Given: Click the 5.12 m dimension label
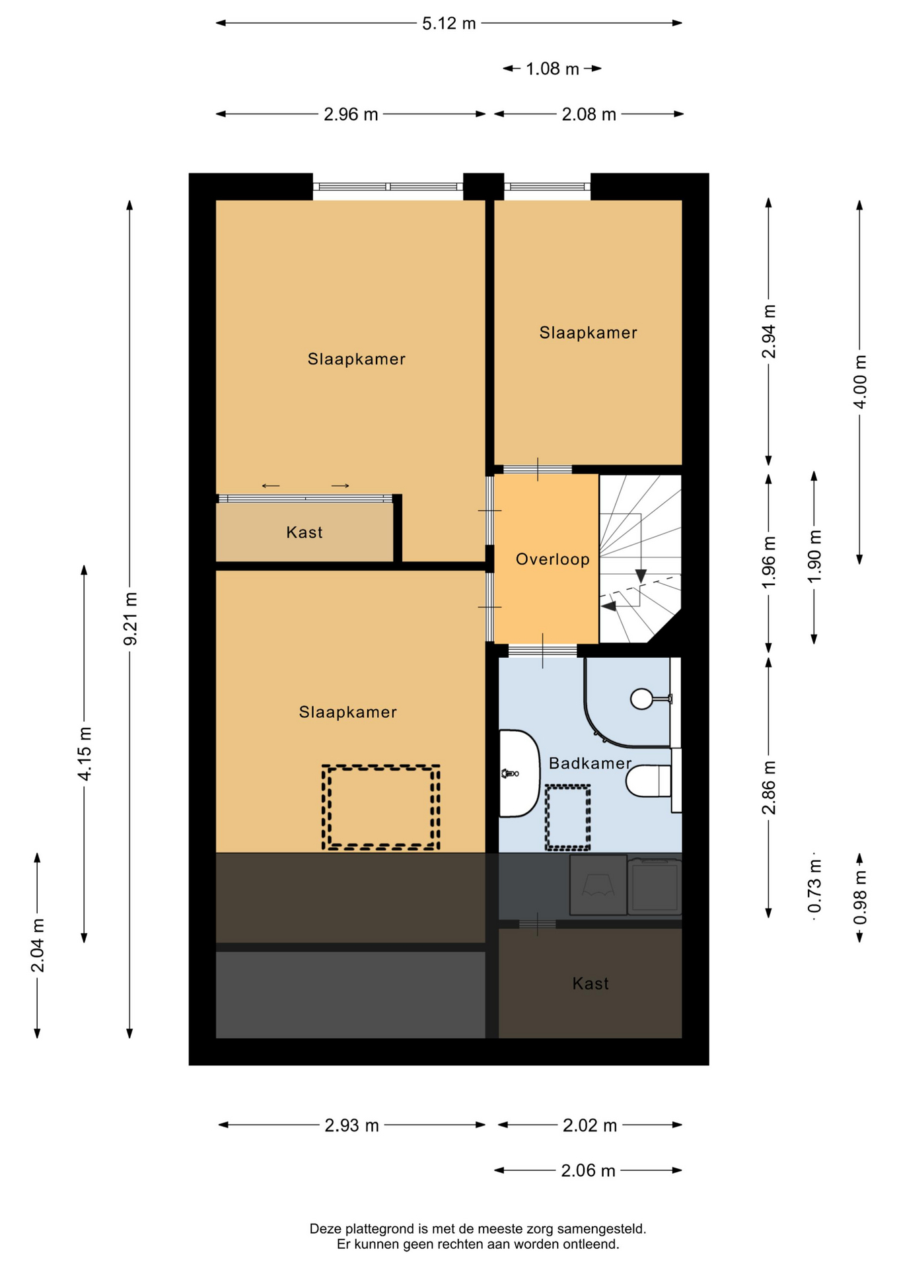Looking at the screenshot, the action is (449, 24).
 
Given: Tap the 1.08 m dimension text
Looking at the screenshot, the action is (552, 69).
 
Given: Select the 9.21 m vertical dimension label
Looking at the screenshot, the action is (131, 619).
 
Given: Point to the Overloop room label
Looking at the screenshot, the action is (553, 559).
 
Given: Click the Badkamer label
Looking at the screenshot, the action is (591, 763).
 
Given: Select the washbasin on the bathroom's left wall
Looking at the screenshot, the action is (519, 773).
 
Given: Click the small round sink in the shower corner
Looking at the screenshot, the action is (641, 699).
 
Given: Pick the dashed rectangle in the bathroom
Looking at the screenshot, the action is (567, 818).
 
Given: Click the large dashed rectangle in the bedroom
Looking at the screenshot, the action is (381, 807).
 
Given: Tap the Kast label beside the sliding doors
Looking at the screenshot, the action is (305, 532).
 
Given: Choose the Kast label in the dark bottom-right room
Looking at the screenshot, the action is (591, 984).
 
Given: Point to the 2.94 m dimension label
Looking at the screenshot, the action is (769, 332).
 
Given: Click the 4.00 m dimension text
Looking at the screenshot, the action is (860, 382).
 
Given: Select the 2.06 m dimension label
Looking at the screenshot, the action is (589, 1171).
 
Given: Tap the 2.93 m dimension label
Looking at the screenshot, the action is (352, 1125).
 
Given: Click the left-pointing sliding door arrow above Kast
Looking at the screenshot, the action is (271, 486).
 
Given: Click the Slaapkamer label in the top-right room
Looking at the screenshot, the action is (589, 333).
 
